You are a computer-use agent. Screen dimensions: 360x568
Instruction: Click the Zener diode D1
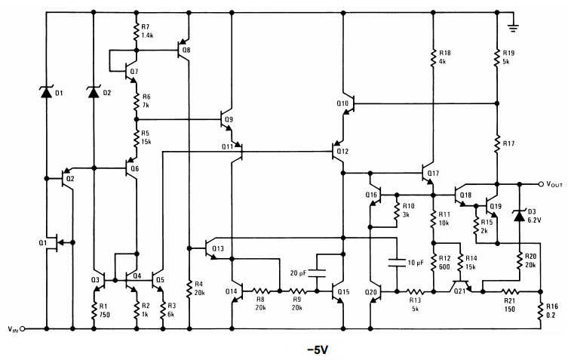46,92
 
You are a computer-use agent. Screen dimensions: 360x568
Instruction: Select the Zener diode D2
94,92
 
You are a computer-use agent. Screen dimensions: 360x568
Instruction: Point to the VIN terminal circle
23,329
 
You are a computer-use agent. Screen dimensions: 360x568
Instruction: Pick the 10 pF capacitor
395,263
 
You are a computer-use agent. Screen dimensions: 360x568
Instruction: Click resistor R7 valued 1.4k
137,32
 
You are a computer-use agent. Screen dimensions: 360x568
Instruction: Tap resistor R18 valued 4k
434,57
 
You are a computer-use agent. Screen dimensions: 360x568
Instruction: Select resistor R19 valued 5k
497,57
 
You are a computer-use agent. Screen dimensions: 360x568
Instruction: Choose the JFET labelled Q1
51,243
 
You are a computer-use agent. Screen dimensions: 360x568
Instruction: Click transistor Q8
183,51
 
